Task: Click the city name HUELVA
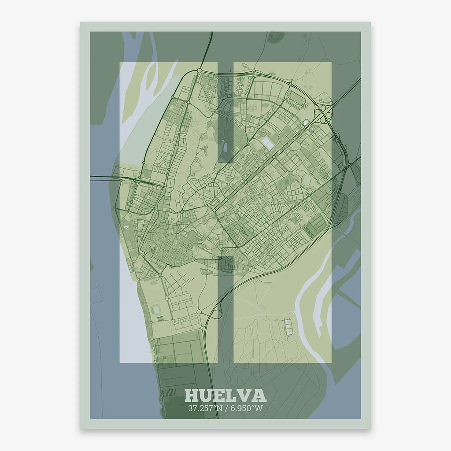pyautogui.click(x=225, y=395)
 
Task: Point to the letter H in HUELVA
pyautogui.click(x=192, y=395)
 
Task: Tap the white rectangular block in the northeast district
pyautogui.click(x=268, y=143)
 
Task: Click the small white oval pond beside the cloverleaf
pyautogui.click(x=306, y=122)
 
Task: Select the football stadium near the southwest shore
pyautogui.click(x=157, y=309)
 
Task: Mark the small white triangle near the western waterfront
pyautogui.click(x=126, y=226)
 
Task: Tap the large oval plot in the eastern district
pyautogui.click(x=306, y=178)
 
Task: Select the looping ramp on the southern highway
pyautogui.click(x=216, y=314)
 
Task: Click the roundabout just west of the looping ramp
pyautogui.click(x=199, y=312)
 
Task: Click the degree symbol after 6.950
pyautogui.click(x=254, y=406)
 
